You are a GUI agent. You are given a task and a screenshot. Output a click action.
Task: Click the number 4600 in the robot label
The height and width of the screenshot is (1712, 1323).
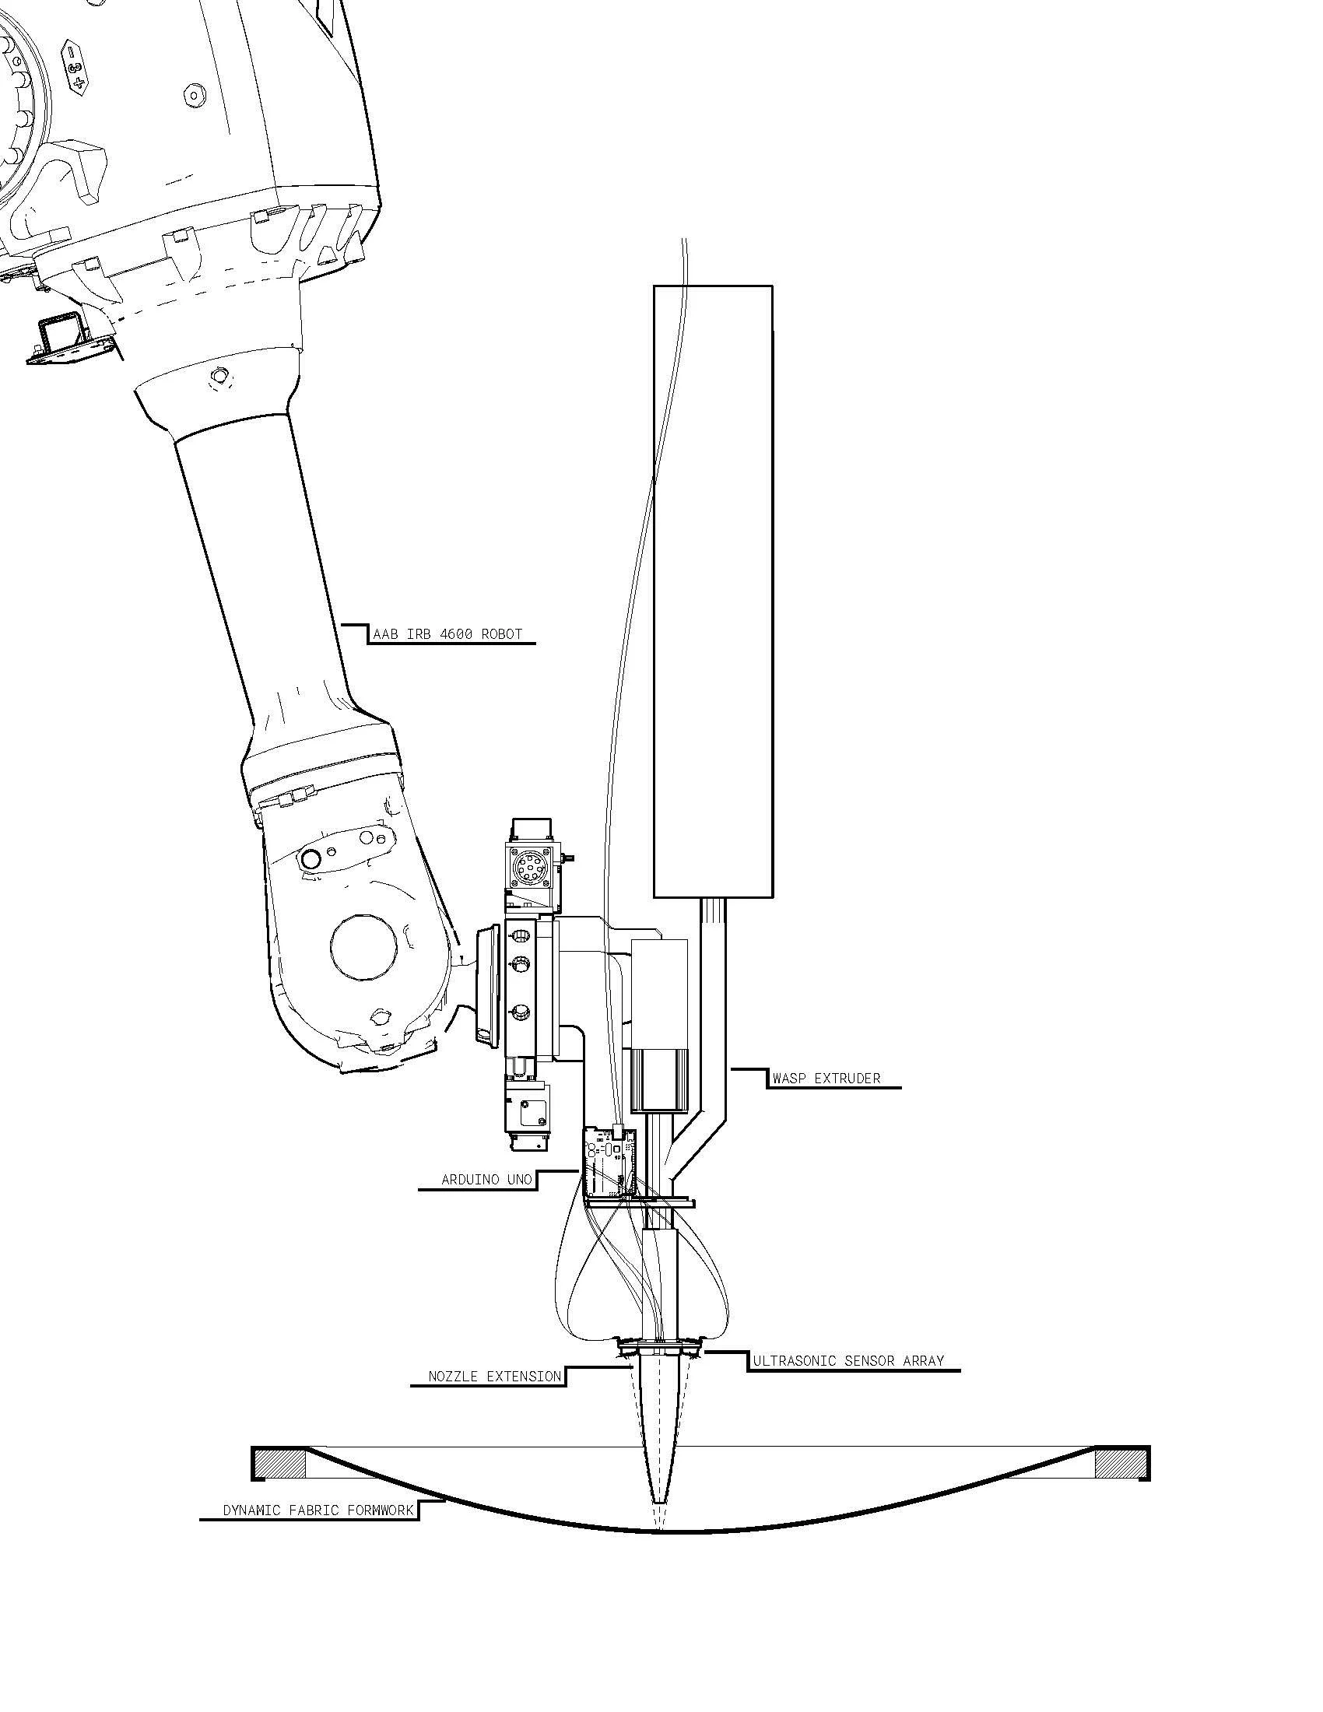click(x=455, y=633)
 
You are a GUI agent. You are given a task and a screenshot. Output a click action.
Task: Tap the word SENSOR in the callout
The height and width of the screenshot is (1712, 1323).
click(x=869, y=1361)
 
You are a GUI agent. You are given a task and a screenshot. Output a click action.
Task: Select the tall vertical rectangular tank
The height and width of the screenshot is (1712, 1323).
click(x=713, y=591)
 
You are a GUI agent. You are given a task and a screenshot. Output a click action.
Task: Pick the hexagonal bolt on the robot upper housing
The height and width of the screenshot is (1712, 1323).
click(x=193, y=96)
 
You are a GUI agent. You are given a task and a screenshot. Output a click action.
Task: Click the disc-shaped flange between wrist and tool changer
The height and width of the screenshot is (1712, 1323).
click(x=486, y=985)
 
